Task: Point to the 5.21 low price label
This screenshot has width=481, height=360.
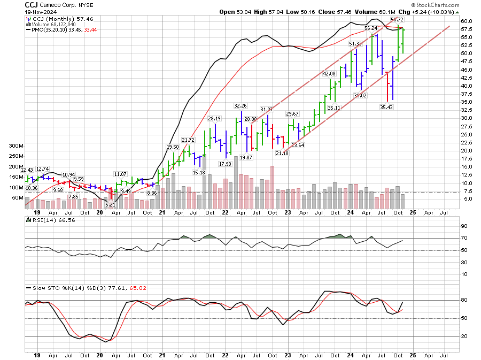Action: pos(111,205)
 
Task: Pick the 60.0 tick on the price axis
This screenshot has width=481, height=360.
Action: pos(467,21)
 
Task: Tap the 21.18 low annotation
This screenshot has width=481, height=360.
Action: pos(282,154)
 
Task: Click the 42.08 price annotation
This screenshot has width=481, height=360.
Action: pos(328,74)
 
